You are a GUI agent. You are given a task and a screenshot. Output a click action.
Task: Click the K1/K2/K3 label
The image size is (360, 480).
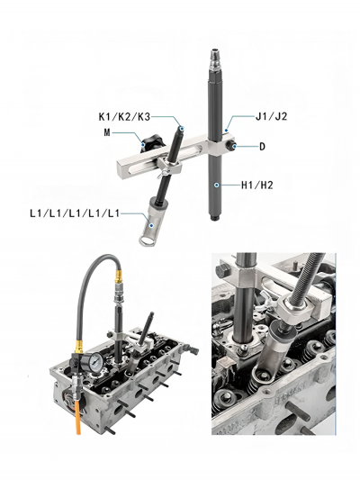124,117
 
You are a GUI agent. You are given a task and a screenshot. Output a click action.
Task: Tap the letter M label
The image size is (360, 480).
107,132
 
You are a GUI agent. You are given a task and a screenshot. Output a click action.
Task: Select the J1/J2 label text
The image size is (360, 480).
271,116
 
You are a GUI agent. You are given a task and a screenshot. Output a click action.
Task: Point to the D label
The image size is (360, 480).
262,147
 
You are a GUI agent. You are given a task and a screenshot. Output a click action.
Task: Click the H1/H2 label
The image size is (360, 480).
256,185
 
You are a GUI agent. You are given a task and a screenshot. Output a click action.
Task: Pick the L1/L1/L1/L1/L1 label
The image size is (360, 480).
75,213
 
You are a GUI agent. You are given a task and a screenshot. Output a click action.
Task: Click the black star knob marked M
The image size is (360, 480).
152,142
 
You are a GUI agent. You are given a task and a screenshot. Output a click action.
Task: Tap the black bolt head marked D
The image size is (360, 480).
231,146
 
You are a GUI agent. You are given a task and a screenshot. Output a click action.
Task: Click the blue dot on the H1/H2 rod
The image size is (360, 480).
216,185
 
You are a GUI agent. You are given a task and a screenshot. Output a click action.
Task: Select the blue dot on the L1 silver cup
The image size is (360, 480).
152,225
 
